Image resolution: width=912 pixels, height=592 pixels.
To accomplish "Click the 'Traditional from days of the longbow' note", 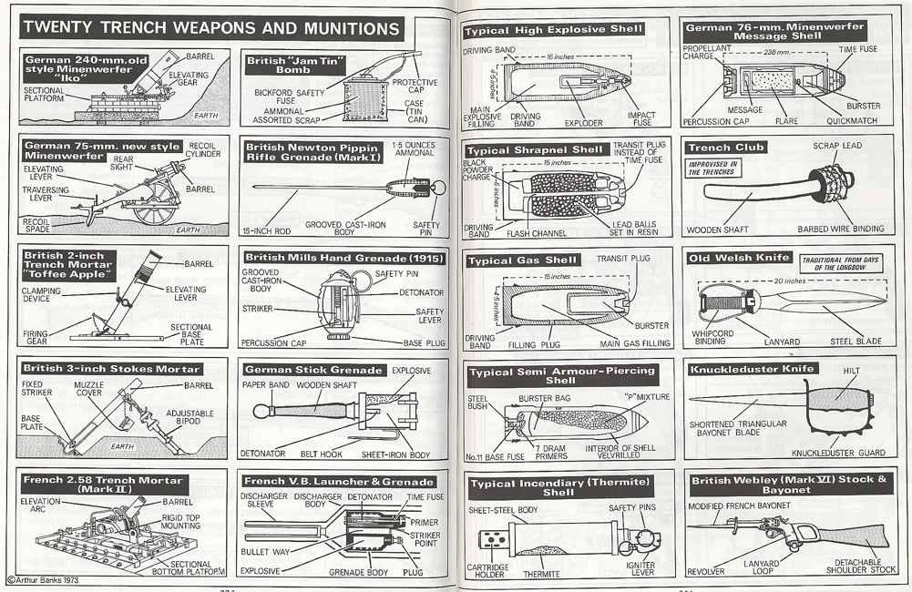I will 838,263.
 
